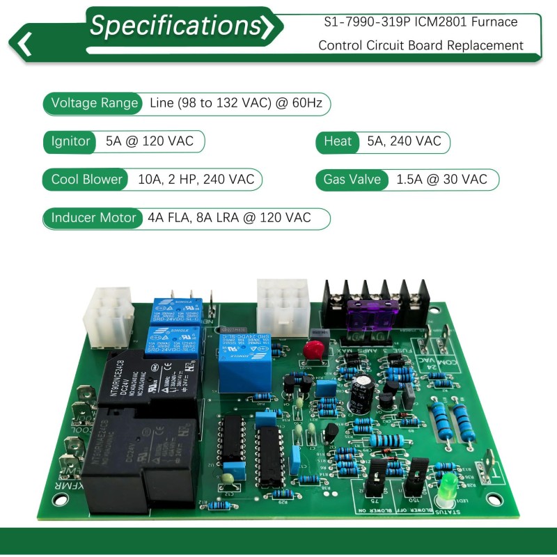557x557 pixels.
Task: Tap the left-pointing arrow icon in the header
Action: (25, 43)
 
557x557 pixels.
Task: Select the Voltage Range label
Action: (95, 104)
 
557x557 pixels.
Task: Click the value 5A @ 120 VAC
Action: (145, 141)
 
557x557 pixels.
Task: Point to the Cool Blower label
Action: (86, 179)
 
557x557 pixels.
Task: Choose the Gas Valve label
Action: (352, 179)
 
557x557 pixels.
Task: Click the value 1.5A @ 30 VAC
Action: (441, 179)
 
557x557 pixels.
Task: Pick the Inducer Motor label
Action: (93, 217)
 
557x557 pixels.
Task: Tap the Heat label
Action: (338, 141)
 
